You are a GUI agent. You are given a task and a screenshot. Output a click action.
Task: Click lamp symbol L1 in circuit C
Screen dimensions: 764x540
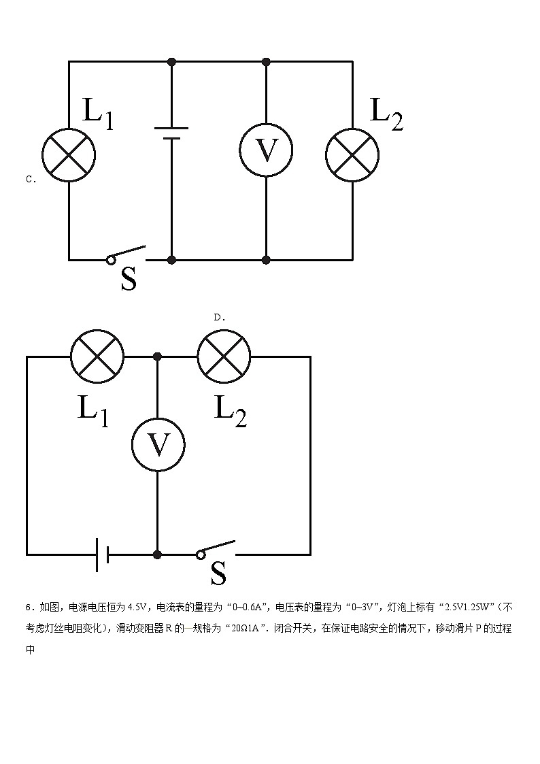point(69,155)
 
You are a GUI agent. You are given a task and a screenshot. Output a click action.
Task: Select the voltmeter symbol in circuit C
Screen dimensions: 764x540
point(265,151)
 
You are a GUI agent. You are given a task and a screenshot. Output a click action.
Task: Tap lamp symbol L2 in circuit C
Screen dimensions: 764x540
point(352,155)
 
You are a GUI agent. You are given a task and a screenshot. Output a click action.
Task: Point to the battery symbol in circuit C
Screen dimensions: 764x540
point(171,133)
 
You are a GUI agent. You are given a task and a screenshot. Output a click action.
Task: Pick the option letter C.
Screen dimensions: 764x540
point(30,180)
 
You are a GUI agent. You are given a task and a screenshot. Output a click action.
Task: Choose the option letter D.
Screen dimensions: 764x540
point(219,317)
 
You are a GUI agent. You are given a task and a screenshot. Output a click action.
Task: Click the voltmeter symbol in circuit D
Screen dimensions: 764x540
point(158,445)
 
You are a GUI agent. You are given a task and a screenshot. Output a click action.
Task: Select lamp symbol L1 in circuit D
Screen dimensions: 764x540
point(97,356)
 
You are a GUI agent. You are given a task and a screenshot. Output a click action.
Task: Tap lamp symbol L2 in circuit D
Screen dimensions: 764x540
point(224,356)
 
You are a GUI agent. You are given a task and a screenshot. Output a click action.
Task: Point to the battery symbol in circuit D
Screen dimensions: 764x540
point(103,554)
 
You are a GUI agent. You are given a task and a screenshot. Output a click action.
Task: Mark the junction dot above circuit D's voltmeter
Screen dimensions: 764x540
point(158,356)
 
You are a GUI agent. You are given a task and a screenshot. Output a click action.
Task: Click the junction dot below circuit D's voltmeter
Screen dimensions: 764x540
point(158,554)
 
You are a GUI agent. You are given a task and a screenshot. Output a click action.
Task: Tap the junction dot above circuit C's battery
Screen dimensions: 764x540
point(171,62)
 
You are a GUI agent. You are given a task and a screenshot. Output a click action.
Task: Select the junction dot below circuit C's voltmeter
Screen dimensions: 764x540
point(266,259)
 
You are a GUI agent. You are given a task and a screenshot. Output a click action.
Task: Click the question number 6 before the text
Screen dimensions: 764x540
point(28,608)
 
